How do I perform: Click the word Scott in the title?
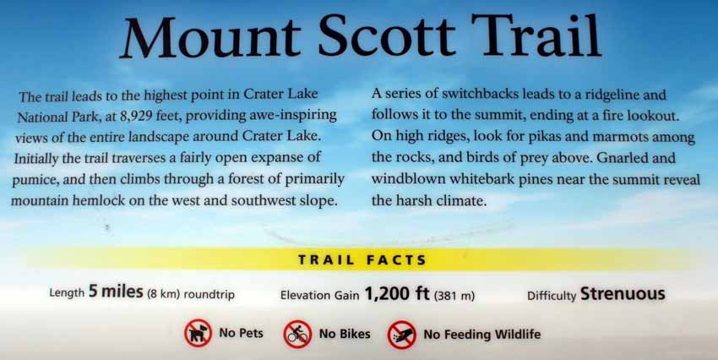pyautogui.click(x=387, y=36)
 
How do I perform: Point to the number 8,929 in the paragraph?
pyautogui.click(x=136, y=117)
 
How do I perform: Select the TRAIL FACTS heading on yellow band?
pyautogui.click(x=362, y=260)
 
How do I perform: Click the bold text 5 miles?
pyautogui.click(x=116, y=292)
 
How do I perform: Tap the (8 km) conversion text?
pyautogui.click(x=164, y=294)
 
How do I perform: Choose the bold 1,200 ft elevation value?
pyautogui.click(x=396, y=293)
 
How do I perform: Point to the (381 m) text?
pyautogui.click(x=454, y=296)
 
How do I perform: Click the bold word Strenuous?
pyautogui.click(x=623, y=293)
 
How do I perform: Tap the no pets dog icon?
pyautogui.click(x=198, y=334)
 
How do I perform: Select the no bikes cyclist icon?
pyautogui.click(x=297, y=334)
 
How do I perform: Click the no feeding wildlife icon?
pyautogui.click(x=401, y=335)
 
